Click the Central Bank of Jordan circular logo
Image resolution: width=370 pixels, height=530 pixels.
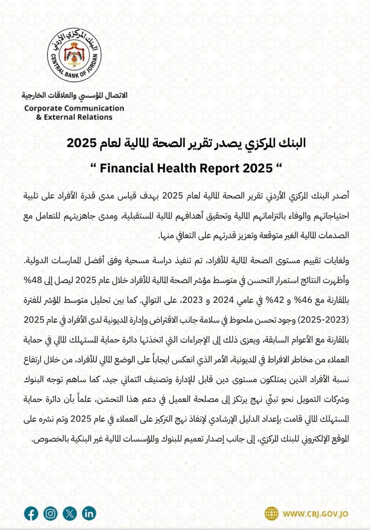pyautogui.click(x=74, y=55)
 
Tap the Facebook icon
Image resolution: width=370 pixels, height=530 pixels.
pyautogui.click(x=31, y=513)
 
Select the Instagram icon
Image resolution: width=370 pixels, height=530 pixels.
pyautogui.click(x=51, y=513)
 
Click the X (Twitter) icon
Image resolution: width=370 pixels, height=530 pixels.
pyautogui.click(x=70, y=513)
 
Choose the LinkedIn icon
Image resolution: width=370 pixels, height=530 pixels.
pyautogui.click(x=89, y=513)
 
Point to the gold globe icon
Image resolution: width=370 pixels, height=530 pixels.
pyautogui.click(x=272, y=513)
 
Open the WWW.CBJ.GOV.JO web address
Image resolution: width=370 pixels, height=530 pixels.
pyautogui.click(x=315, y=514)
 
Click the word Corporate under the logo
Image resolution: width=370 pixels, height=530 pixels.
pyautogui.click(x=42, y=108)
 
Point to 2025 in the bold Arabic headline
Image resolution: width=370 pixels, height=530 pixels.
pyautogui.click(x=82, y=143)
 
